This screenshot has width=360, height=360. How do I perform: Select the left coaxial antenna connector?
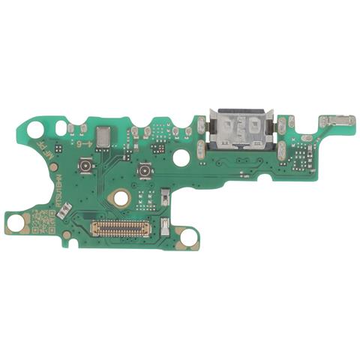[x=85, y=164]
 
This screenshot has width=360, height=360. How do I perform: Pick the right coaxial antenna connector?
[x=141, y=173]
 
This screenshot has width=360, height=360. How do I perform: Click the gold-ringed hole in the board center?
[x=118, y=198]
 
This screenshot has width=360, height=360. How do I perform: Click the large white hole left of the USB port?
[x=181, y=157]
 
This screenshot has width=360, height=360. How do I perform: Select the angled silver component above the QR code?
[x=65, y=210]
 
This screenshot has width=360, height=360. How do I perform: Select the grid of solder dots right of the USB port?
[x=298, y=160]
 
